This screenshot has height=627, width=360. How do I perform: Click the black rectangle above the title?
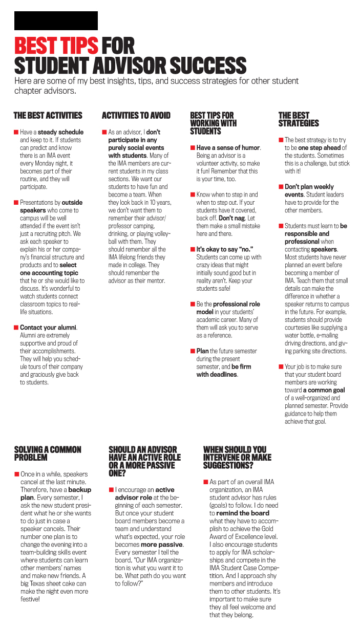[56, 20]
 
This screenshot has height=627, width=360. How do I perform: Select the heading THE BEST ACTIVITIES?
[48, 116]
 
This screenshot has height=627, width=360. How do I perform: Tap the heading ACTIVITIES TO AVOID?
[136, 116]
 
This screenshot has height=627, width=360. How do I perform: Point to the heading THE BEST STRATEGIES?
[299, 119]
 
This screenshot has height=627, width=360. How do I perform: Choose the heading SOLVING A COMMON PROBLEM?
[48, 453]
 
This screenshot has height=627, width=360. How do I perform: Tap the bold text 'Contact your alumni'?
[48, 328]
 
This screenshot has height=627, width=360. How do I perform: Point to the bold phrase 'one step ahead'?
[320, 148]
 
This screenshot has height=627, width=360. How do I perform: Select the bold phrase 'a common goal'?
[324, 390]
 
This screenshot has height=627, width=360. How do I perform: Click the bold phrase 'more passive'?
[162, 545]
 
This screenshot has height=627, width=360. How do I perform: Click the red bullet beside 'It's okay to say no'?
[193, 249]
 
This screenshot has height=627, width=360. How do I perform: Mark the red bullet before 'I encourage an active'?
[111, 490]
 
